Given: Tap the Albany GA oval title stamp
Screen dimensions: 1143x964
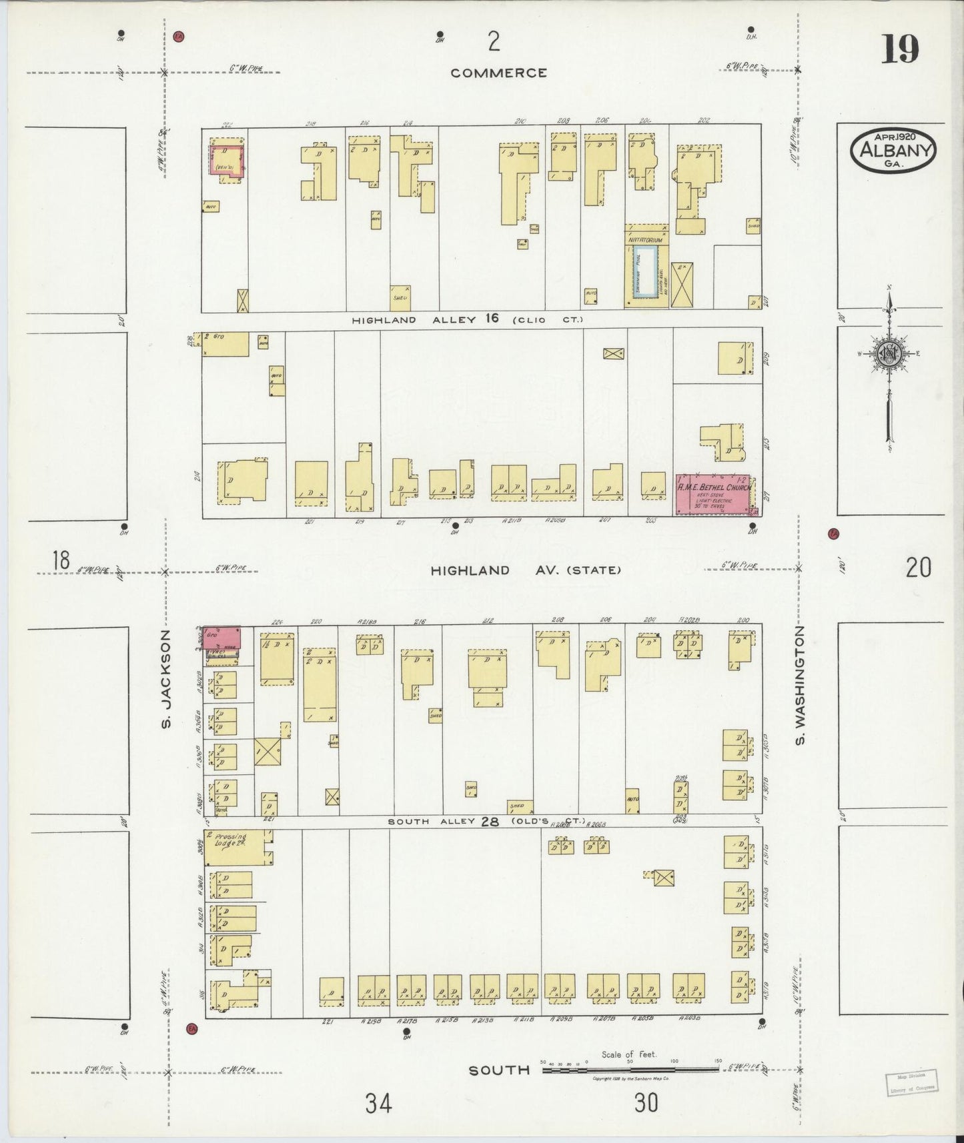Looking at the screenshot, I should click(893, 151).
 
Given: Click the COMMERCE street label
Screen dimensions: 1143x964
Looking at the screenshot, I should click(498, 73).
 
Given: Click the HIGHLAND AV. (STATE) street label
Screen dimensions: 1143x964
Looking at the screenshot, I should click(526, 570).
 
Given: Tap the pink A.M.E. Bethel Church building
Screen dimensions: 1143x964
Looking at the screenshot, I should click(713, 494).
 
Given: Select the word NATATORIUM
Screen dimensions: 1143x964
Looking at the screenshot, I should click(645, 239).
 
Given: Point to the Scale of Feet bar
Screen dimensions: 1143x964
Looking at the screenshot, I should click(630, 1069).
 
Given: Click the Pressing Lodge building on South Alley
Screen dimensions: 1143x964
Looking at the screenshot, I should click(237, 848).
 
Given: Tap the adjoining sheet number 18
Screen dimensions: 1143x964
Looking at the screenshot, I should click(61, 560).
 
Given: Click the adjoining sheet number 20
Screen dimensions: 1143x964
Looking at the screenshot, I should click(918, 567).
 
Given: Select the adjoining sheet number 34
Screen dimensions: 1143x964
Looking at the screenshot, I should click(378, 1104).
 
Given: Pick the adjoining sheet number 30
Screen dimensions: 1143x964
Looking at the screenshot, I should click(646, 1103).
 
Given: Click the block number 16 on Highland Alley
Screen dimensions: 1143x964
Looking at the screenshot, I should click(492, 319).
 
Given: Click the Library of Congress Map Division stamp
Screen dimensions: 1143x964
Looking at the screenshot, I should click(911, 1082).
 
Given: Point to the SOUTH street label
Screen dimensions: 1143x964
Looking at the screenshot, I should click(499, 1070).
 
